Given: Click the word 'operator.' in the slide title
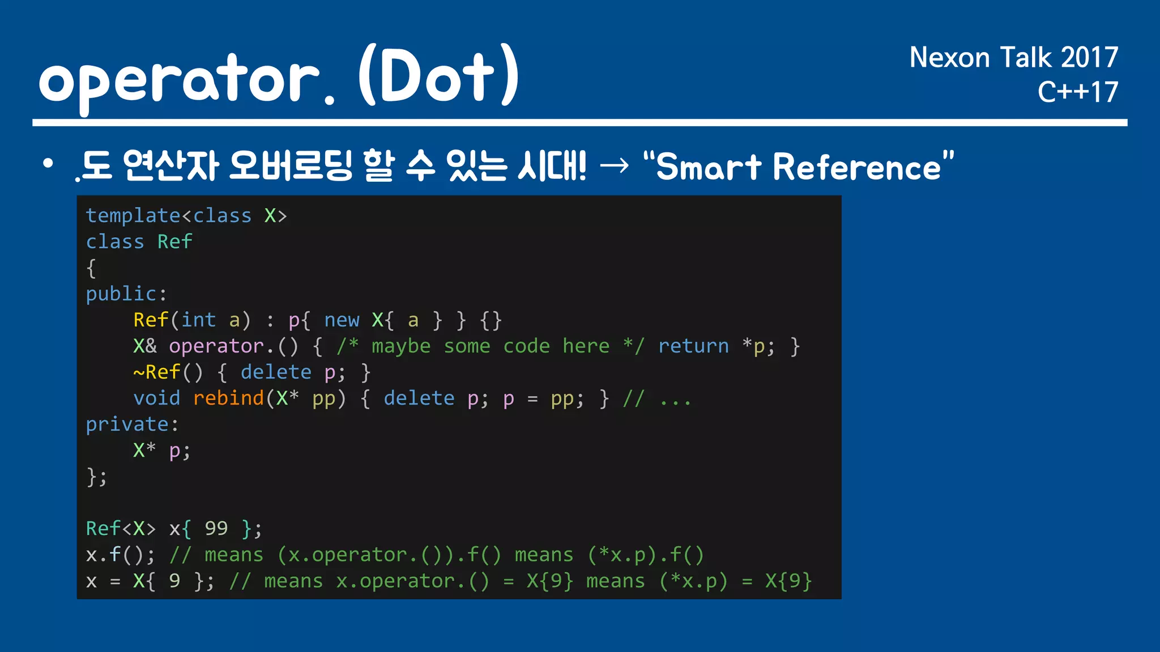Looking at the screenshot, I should [187, 79].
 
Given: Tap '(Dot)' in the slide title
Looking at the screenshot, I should [439, 76].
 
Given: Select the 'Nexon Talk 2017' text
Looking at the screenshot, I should [1013, 58].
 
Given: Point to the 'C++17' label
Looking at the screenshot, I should [1077, 92].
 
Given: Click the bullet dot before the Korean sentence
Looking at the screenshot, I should [48, 164].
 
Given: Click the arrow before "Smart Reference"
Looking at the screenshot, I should [614, 166].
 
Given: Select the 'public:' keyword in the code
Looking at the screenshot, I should [126, 294].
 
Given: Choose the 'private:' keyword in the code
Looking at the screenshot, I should [132, 424].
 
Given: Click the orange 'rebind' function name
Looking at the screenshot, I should [229, 398].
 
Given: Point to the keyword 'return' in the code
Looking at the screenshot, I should [693, 346].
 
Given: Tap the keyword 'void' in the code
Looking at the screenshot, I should [156, 398].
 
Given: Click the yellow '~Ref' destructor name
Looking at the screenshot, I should [157, 372].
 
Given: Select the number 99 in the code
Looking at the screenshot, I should [216, 529].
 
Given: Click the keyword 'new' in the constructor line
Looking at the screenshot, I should [342, 320].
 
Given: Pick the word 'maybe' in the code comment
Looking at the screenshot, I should [401, 346].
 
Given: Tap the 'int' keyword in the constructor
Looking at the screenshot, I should [198, 320].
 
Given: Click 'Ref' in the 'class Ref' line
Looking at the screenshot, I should [175, 242].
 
